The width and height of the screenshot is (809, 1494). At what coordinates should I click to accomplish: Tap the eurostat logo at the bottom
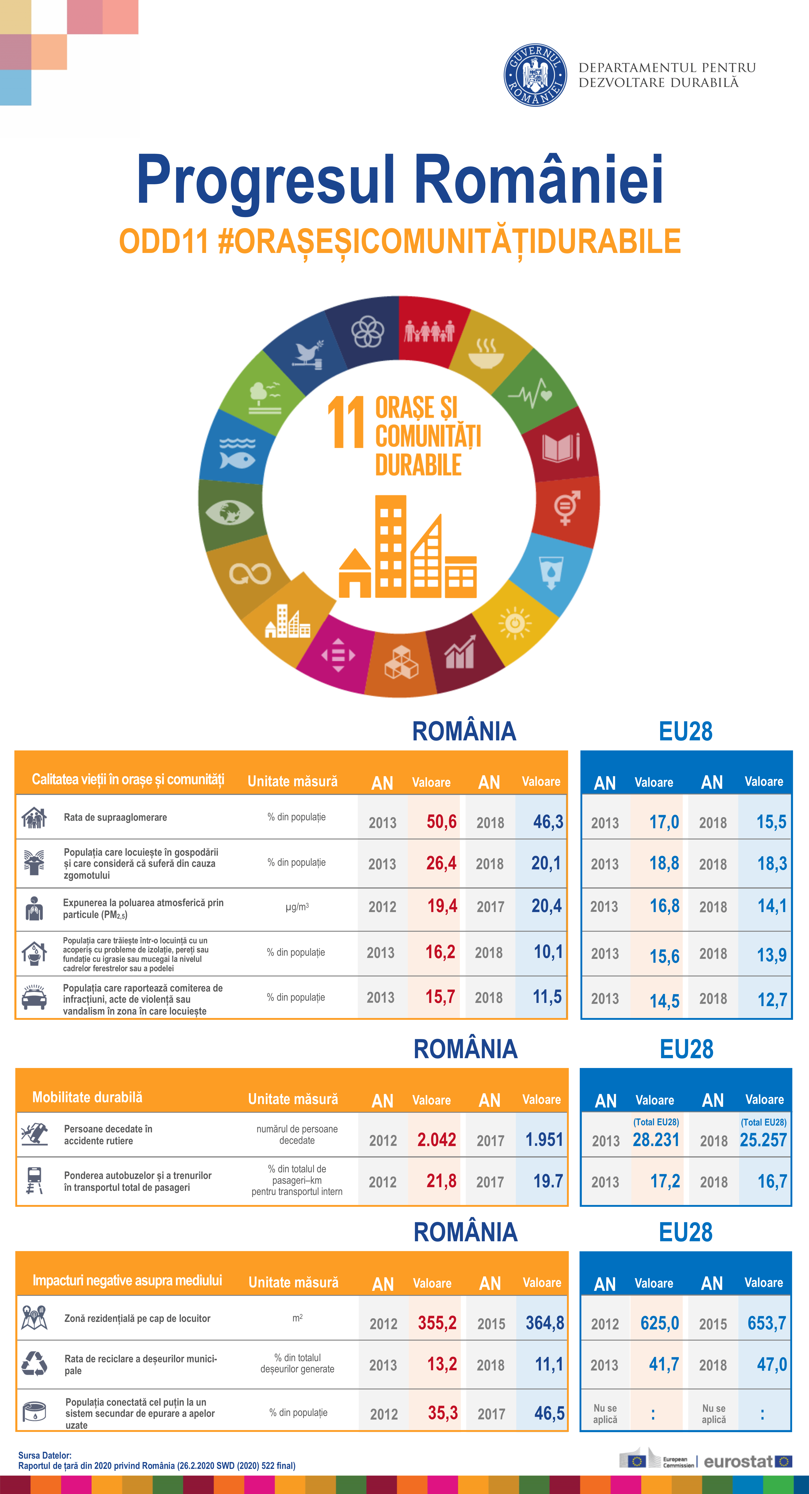click(x=747, y=1462)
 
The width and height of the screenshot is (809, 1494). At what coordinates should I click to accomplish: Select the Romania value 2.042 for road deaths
click(x=437, y=1140)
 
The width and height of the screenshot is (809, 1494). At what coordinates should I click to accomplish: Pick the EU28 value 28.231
click(x=656, y=1140)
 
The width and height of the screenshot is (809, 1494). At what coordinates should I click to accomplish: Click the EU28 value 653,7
click(x=767, y=1323)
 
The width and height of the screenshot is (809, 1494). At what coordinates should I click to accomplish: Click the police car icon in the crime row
click(x=34, y=997)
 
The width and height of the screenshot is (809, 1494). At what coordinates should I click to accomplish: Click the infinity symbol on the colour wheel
click(x=250, y=574)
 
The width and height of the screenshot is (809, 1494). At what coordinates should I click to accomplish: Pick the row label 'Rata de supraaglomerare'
click(x=115, y=817)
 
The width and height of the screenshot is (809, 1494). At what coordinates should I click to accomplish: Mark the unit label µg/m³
click(x=297, y=907)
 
